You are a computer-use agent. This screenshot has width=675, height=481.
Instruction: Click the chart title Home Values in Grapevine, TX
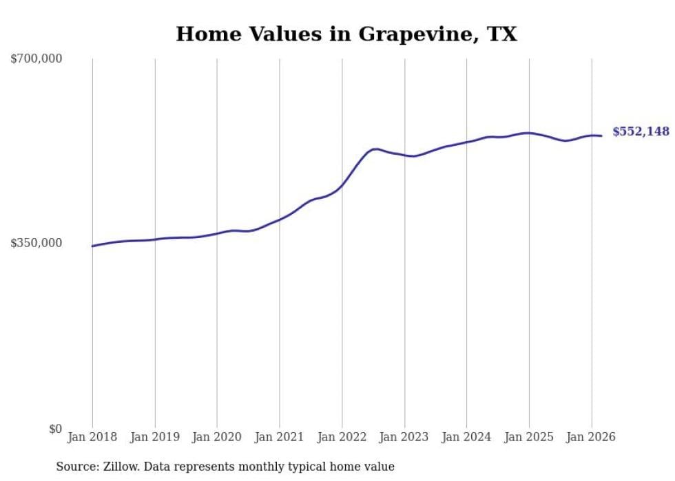(346, 34)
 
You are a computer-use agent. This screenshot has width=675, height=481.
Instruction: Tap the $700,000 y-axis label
(36, 59)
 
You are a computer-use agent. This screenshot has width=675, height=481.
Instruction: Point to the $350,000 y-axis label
(36, 243)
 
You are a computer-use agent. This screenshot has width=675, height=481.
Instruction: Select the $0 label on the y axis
(55, 429)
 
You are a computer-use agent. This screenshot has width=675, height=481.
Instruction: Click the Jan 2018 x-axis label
(92, 437)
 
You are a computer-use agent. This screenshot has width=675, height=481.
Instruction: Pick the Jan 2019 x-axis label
(154, 437)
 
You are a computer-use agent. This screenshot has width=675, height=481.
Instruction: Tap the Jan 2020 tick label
(217, 437)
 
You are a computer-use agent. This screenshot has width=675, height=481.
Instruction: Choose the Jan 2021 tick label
(279, 437)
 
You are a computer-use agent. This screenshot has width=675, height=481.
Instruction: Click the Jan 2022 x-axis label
(342, 437)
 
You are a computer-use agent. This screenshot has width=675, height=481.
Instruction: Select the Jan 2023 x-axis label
(404, 437)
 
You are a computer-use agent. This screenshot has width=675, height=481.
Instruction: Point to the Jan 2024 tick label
(466, 437)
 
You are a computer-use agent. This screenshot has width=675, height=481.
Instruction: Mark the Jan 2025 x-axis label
(529, 437)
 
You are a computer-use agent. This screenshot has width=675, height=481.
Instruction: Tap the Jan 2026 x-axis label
(591, 437)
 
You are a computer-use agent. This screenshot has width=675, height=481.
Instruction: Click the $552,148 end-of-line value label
(641, 131)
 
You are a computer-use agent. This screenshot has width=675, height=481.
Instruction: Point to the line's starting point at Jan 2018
(92, 246)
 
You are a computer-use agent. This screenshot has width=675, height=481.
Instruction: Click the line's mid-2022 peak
(375, 149)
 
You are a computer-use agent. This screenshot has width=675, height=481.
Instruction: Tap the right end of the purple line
(602, 136)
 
